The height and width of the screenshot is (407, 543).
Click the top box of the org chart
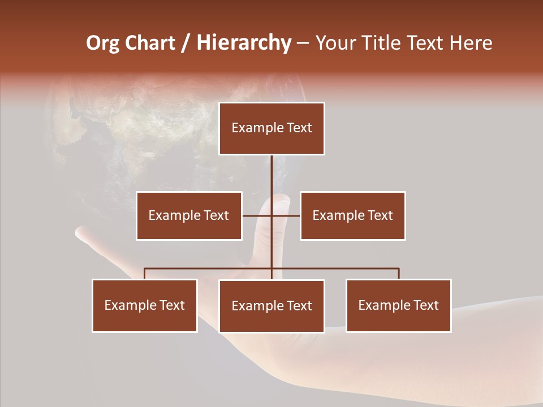[271, 128]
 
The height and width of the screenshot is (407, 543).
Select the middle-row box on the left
[189, 215]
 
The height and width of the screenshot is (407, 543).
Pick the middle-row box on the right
[352, 215]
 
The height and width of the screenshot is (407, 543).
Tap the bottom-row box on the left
[145, 305]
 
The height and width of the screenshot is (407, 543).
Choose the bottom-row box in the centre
[271, 306]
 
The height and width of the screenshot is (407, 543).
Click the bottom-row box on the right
[398, 305]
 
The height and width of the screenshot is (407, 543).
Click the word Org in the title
[102, 43]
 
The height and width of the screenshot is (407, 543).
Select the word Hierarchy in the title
[244, 43]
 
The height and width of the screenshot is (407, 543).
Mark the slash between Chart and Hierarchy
[186, 43]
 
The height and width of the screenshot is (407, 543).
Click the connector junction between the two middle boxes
[271, 215]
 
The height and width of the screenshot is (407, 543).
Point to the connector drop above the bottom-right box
[399, 274]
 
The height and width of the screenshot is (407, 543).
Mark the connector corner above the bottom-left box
[145, 269]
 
